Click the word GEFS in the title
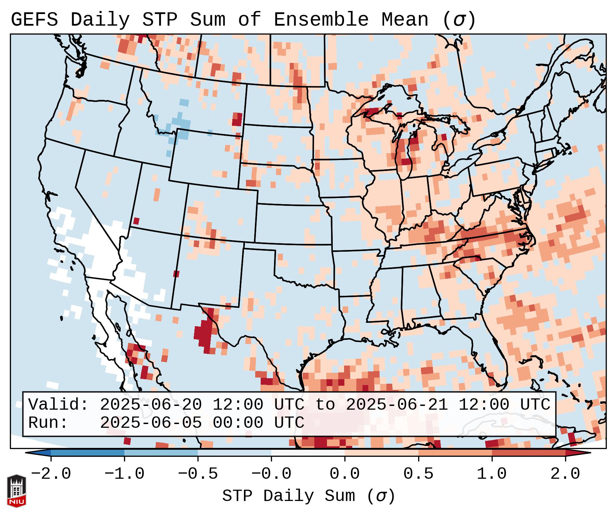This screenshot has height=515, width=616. point(34,20)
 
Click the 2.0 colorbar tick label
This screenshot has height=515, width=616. point(565,474)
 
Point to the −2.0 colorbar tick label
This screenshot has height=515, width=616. point(51,474)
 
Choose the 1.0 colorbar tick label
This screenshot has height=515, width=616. point(492,474)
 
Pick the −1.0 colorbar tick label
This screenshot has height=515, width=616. point(124,474)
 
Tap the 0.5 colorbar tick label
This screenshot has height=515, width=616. point(418,474)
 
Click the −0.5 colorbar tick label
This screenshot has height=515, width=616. point(198,474)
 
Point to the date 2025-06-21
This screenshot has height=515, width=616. point(397,405)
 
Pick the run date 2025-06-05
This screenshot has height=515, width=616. point(151,423)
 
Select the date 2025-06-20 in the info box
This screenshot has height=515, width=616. point(151,405)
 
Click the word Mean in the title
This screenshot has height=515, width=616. point(405,20)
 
